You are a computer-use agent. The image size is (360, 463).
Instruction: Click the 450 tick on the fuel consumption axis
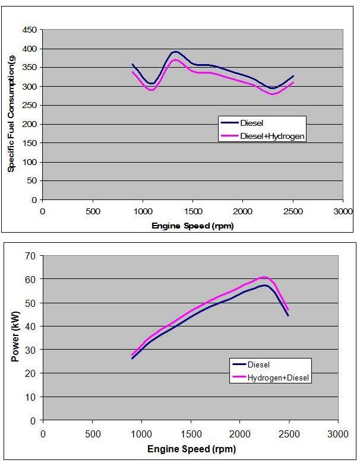(x=29, y=30)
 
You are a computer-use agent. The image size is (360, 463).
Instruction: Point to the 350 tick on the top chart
(x=29, y=68)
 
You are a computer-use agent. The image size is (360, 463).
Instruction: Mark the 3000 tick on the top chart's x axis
(x=343, y=211)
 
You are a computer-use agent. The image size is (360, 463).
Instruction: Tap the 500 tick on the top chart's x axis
(x=92, y=211)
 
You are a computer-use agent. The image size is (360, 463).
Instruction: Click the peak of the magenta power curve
(x=264, y=277)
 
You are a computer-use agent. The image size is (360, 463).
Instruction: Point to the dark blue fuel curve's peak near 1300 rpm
(x=175, y=52)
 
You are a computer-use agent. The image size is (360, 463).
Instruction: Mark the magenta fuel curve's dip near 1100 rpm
(x=151, y=90)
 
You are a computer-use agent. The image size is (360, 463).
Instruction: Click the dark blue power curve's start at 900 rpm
(x=132, y=359)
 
